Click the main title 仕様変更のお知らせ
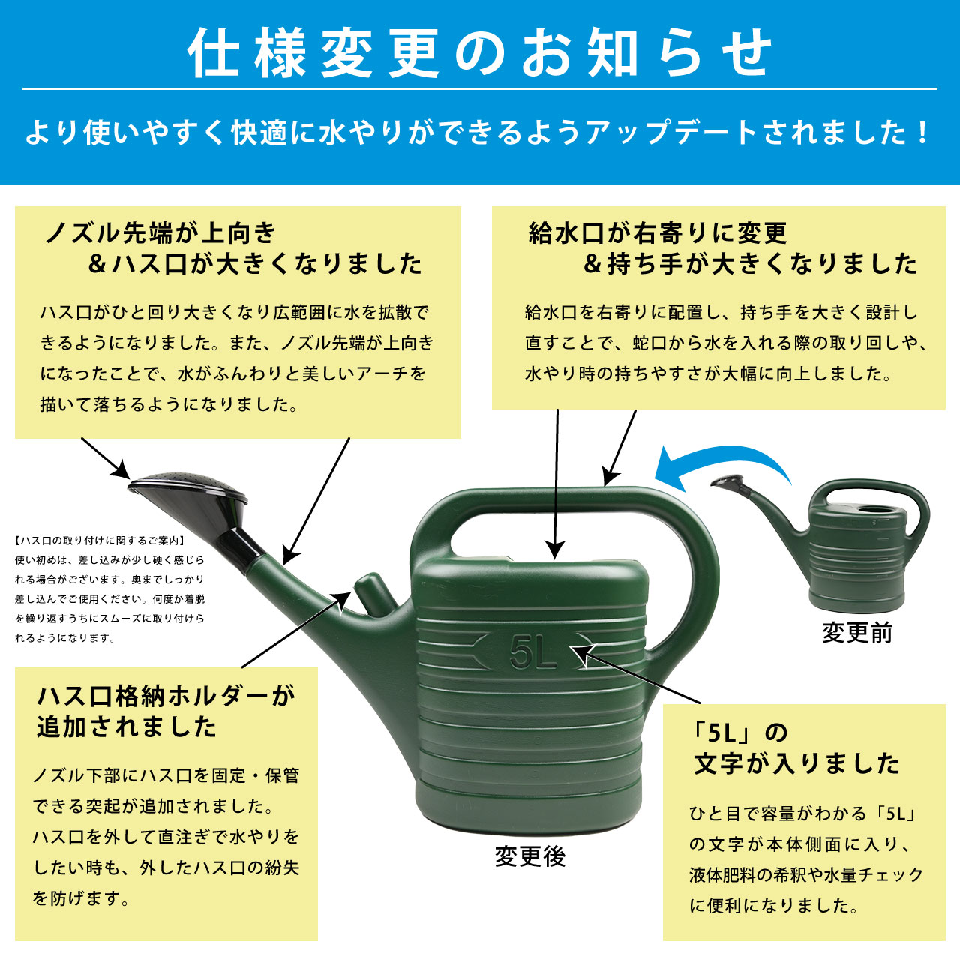tap(480, 52)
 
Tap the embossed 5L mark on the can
tap(532, 652)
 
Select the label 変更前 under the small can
tap(857, 633)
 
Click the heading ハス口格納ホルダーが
tap(166, 697)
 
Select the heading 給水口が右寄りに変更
tap(658, 233)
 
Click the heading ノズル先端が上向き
tap(160, 233)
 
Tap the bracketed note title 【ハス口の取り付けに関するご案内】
tap(100, 541)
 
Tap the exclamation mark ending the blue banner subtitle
tap(922, 133)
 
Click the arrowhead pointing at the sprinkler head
tap(121, 469)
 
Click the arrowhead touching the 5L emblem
tap(583, 653)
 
